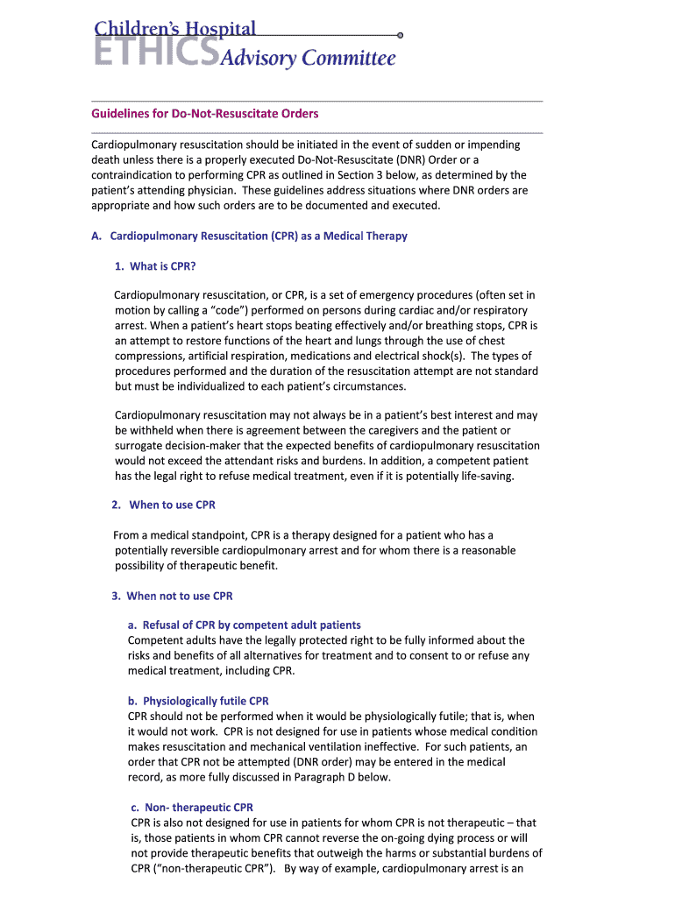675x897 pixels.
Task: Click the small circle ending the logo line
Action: click(x=400, y=35)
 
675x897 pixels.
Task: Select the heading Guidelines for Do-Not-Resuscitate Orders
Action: click(x=205, y=114)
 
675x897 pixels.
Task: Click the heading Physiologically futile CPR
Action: click(x=205, y=701)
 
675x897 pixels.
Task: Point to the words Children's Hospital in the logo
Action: click(x=175, y=29)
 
